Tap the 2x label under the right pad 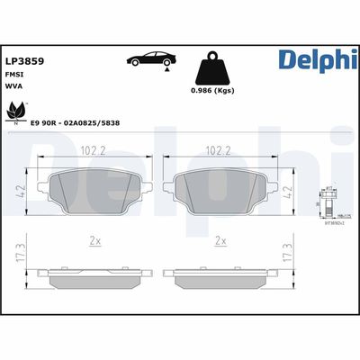point(220,241)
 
